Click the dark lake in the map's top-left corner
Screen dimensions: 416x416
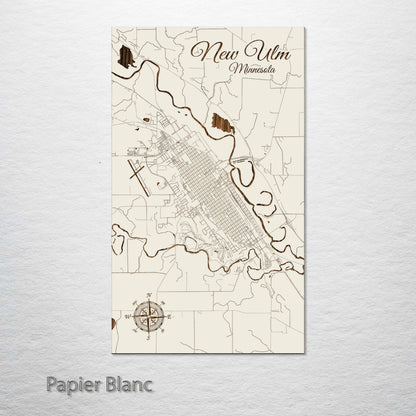[125, 57]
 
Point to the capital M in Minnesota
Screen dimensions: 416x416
[232, 70]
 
